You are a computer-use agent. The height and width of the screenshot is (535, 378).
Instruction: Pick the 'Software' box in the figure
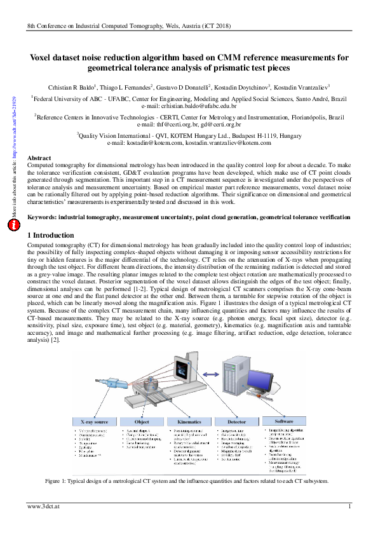284,421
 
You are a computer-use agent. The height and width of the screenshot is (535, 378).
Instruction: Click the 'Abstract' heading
41,157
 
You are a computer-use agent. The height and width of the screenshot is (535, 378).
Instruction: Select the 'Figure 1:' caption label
58,481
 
